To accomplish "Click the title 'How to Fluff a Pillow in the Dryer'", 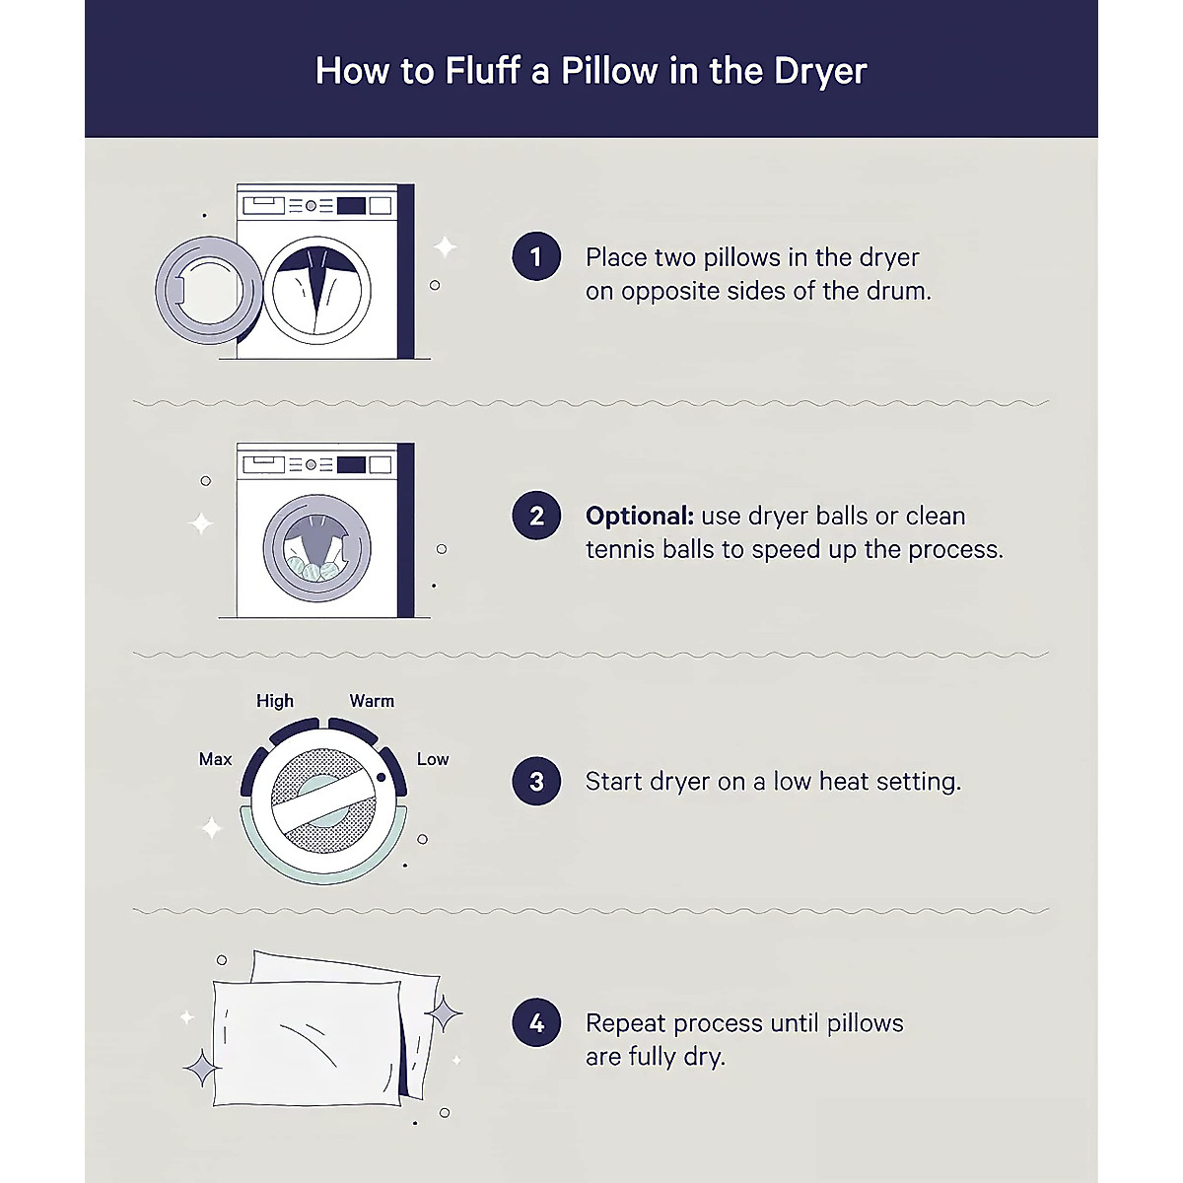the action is [591, 71].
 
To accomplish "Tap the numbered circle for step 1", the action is [536, 256].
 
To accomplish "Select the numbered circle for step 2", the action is [536, 515].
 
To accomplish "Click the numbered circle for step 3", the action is [536, 781].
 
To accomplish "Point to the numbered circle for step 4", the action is [536, 1022].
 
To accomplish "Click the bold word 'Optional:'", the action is [639, 516].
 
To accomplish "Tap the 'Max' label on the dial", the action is [215, 759].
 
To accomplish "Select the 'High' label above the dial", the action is [274, 701].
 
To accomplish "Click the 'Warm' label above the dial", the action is [372, 701].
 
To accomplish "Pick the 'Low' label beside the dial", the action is [432, 759].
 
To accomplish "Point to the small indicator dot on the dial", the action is [381, 777].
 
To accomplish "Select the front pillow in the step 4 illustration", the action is [307, 1043].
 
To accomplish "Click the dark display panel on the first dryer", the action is [351, 206].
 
